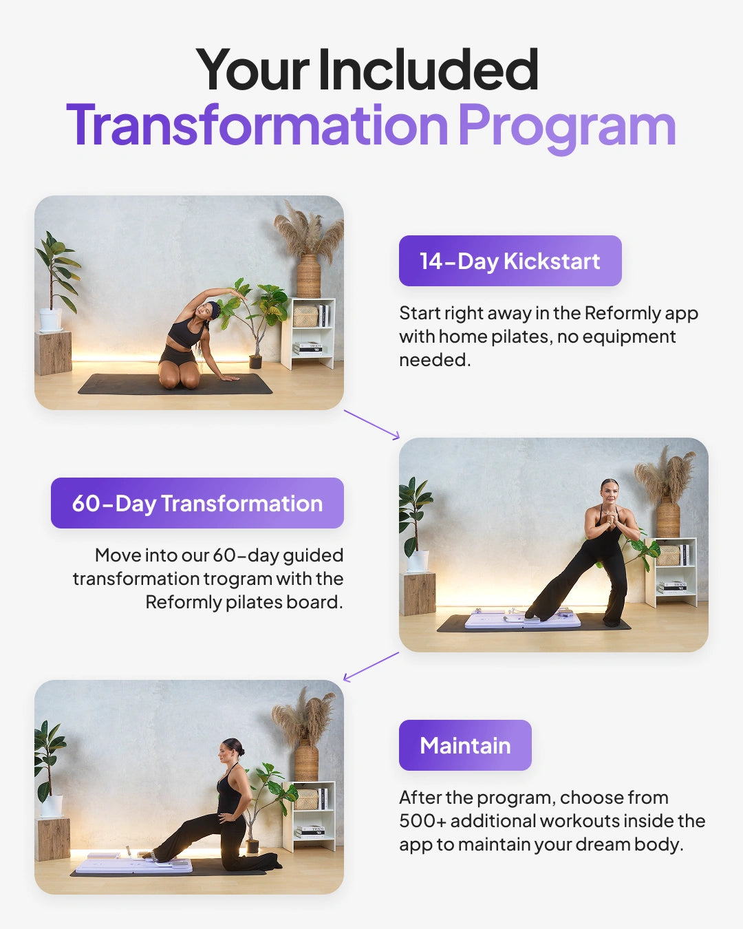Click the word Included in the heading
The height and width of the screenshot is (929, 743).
(x=428, y=70)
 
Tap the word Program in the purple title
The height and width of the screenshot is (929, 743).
(x=567, y=127)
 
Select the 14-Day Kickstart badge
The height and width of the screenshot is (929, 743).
(x=510, y=261)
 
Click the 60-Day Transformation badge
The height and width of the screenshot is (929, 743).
(x=197, y=503)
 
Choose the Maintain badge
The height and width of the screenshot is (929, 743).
(x=465, y=745)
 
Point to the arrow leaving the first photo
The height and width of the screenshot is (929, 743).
(x=371, y=424)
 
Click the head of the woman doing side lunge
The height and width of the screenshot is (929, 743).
(x=609, y=490)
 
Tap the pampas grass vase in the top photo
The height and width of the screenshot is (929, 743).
(x=309, y=275)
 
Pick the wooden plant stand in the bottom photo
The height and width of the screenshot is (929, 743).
(x=53, y=839)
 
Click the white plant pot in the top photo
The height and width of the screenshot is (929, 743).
(x=50, y=319)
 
